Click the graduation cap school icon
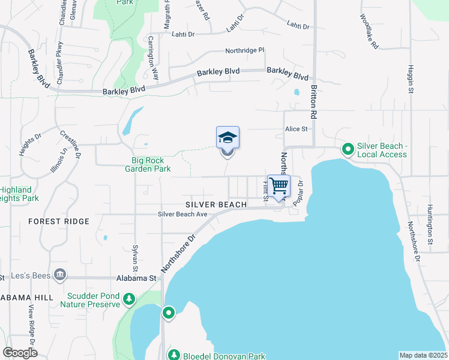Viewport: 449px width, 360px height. coord(228,137)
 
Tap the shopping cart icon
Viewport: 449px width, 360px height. coord(279,185)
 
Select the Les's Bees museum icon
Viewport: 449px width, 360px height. coord(59,275)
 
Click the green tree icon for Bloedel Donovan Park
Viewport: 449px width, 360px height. coord(173,355)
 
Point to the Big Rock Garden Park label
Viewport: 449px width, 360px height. coord(152,164)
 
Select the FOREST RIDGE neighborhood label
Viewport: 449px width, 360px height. coord(59,221)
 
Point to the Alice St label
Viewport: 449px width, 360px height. coord(296,129)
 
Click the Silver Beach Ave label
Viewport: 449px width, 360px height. coord(182,214)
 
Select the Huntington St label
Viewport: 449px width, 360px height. coord(430,226)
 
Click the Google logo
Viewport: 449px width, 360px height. coord(20,353)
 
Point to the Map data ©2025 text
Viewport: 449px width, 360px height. coord(423,355)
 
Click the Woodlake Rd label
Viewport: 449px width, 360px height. coord(370,32)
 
